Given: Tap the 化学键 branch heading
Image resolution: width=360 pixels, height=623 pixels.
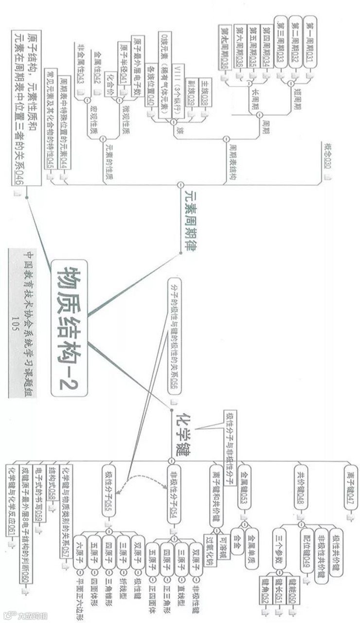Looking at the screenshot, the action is [182, 430].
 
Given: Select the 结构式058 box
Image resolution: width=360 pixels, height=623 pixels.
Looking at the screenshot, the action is [55, 487].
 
